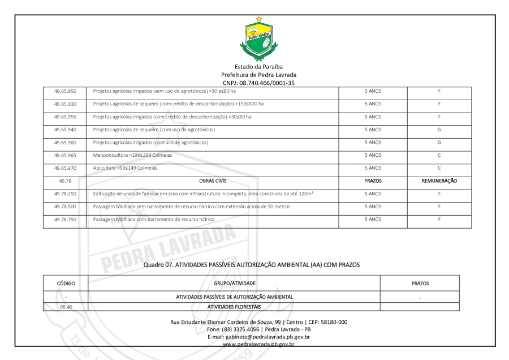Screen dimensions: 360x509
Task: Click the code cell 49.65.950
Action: point(64,91)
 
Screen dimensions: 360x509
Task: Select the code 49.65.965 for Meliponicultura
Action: point(64,155)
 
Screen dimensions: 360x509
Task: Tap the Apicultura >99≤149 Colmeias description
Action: point(125,168)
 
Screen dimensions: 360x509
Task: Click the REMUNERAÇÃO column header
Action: point(439,181)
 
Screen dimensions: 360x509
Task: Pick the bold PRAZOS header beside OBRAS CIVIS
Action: point(373,181)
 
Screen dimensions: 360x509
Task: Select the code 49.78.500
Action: point(64,206)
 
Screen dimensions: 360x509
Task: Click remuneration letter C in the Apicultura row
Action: point(439,168)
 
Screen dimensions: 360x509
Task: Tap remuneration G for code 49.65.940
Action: point(439,130)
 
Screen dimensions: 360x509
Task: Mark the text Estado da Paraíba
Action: point(259,67)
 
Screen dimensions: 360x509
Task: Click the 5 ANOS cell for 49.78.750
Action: point(373,219)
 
